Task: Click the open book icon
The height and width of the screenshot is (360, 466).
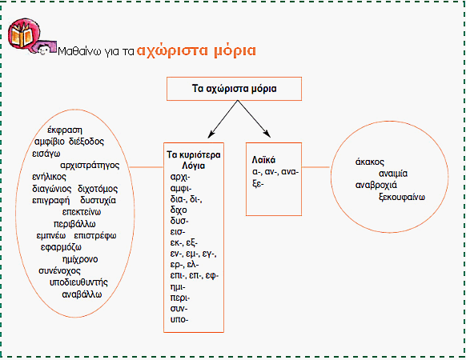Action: point(23,36)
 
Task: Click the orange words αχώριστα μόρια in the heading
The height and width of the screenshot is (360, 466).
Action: point(196,50)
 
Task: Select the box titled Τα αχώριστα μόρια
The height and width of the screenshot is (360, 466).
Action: point(234,89)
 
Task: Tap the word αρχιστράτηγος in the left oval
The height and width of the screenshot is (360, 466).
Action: point(90,166)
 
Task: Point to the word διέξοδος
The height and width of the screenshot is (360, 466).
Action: point(86,142)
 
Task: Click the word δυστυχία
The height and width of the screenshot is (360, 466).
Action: point(98,201)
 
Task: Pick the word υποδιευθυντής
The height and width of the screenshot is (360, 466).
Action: point(78,282)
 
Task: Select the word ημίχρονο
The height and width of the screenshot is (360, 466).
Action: point(80,259)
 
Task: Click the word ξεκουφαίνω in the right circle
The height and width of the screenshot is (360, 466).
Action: point(402,198)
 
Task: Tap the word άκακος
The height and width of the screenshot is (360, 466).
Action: point(370,162)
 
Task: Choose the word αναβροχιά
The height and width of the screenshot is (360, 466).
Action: point(376,186)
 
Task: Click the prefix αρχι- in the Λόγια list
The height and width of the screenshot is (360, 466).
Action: point(180,177)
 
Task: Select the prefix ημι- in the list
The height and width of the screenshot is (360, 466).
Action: point(178,287)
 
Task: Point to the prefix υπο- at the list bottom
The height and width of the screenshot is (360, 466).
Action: point(179,320)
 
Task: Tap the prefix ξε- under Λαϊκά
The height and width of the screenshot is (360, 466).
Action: point(258,183)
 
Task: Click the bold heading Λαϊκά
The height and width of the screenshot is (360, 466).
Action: point(263,160)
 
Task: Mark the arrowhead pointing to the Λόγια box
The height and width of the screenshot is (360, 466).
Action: point(211,134)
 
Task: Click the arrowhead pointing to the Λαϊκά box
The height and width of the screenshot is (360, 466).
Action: point(267,134)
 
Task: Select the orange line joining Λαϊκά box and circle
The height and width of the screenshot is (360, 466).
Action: point(316,167)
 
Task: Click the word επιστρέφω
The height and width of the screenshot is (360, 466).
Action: point(95,236)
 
